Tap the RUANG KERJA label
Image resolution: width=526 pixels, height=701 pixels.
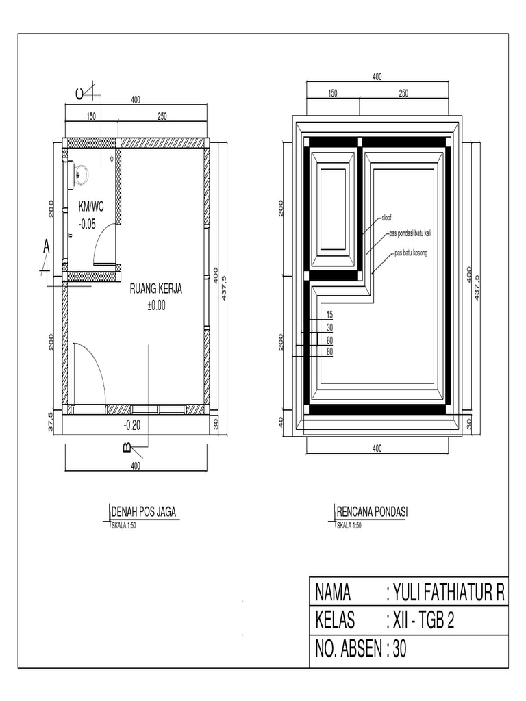click(x=156, y=290)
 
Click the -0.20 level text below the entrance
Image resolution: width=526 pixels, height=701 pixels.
click(x=131, y=425)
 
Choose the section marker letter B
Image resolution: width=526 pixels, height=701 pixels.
click(x=127, y=448)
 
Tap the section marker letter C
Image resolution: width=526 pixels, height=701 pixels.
click(x=80, y=93)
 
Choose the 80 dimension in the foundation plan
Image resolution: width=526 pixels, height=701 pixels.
click(x=329, y=352)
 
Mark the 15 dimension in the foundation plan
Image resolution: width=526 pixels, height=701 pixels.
click(x=329, y=315)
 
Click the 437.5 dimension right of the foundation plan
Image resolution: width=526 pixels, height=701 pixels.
click(x=477, y=286)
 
